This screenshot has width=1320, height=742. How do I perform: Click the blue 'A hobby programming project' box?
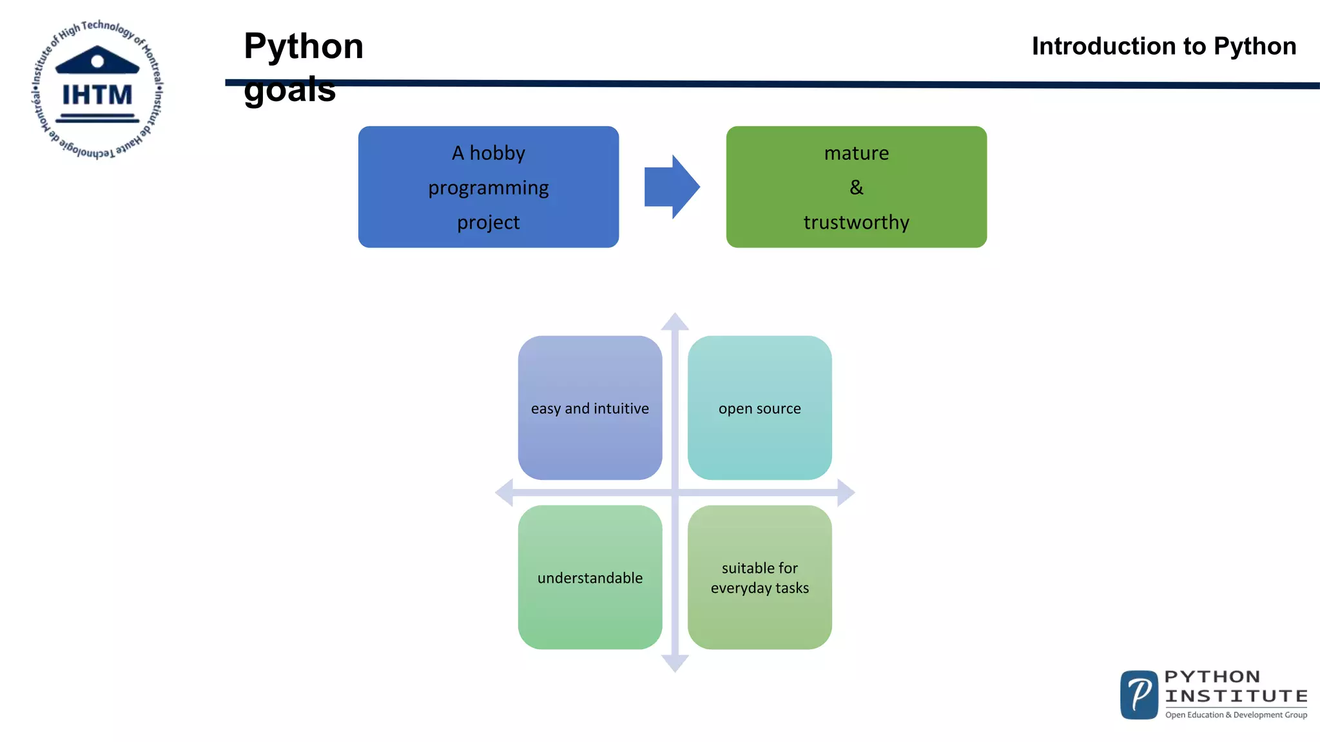[488, 187]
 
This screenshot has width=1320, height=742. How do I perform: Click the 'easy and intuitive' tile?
[590, 408]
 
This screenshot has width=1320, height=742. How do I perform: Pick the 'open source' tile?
[759, 408]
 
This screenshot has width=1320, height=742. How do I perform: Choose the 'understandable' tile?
[590, 577]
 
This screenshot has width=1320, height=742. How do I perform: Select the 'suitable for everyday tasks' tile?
[759, 577]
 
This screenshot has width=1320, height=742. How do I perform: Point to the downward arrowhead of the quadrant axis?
[675, 663]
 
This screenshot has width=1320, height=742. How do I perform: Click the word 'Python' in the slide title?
[304, 46]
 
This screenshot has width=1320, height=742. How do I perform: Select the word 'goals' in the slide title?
[289, 90]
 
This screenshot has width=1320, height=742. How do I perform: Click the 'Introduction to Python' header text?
[1163, 46]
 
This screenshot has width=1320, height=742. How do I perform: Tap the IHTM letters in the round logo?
[97, 95]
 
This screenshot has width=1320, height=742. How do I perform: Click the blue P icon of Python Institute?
[1139, 694]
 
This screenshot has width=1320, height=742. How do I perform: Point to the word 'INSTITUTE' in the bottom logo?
[1236, 696]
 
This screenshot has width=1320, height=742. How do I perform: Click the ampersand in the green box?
[856, 187]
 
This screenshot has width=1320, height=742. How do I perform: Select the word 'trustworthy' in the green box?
[856, 222]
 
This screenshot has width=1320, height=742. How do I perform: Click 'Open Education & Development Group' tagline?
[1236, 715]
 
